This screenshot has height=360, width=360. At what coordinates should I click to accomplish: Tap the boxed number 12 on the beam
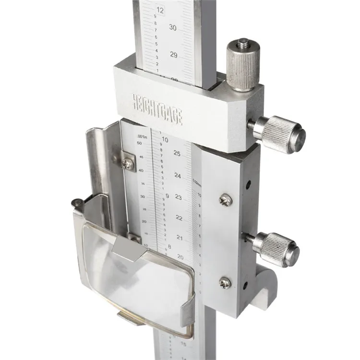(160, 10)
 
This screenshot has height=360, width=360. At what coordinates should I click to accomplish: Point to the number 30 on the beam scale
(173, 28)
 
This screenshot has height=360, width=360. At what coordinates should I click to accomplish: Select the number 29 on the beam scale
(174, 55)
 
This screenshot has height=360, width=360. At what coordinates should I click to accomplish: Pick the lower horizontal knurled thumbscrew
(276, 248)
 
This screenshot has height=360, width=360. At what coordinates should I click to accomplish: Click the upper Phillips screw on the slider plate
(225, 200)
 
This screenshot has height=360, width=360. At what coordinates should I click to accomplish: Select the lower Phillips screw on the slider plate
(224, 283)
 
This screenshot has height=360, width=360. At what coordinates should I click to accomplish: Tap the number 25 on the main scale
(177, 153)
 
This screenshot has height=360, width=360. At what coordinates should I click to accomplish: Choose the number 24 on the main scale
(178, 176)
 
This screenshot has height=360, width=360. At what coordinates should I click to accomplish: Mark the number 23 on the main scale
(179, 197)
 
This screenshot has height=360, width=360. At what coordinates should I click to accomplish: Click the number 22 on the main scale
(179, 218)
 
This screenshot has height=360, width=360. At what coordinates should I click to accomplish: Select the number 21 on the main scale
(180, 238)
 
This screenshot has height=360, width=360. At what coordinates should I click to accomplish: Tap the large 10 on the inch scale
(165, 140)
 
